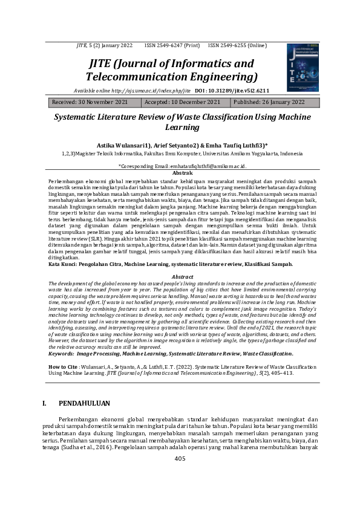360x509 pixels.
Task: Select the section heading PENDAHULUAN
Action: (x=84, y=403)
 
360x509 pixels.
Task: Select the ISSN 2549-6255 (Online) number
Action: (x=237, y=45)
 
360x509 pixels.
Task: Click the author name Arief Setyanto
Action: (x=174, y=146)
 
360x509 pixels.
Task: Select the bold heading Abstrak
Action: (x=179, y=173)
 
